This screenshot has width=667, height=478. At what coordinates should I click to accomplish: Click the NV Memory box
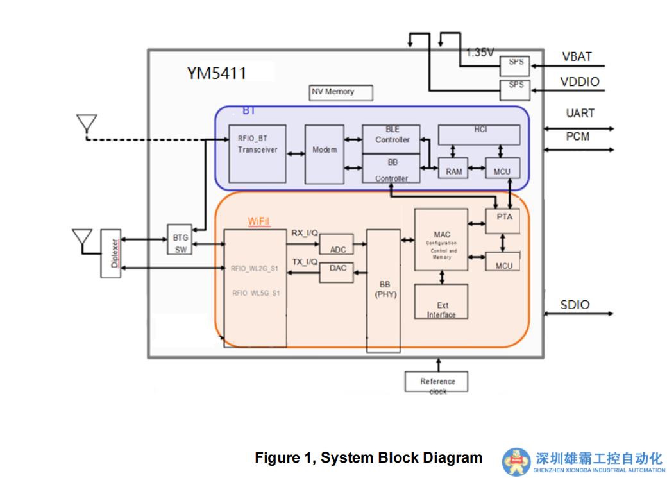click(x=341, y=92)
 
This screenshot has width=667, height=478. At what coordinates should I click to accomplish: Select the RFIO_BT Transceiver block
click(x=257, y=154)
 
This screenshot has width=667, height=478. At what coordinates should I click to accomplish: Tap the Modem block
click(x=325, y=154)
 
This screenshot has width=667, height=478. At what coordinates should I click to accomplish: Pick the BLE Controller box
click(x=391, y=139)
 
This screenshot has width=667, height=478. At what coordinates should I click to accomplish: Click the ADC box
click(x=337, y=244)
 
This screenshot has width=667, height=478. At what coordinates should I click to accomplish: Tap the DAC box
click(x=337, y=272)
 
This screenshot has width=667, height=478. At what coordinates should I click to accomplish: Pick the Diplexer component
click(x=111, y=255)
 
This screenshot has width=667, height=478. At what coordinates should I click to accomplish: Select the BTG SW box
click(x=181, y=244)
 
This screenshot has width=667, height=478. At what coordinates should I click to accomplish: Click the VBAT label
click(x=577, y=56)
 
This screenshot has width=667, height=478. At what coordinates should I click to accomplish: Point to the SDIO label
click(x=575, y=305)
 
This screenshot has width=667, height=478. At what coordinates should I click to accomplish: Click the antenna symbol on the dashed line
click(x=86, y=123)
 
